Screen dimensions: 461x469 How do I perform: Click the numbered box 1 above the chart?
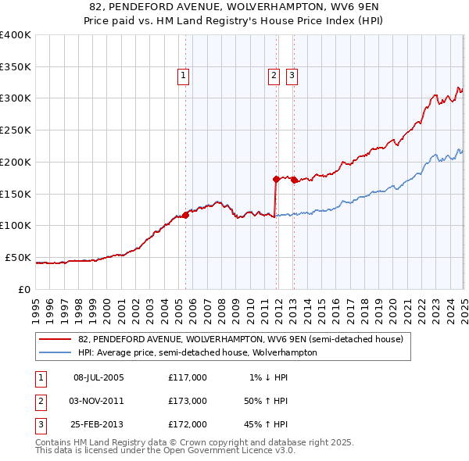click(x=183, y=76)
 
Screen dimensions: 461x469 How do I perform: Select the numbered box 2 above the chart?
click(x=274, y=76)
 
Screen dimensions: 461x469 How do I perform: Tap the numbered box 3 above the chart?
click(x=292, y=76)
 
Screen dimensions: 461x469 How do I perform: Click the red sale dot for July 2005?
click(x=186, y=214)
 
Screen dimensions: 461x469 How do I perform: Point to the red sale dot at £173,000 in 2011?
click(x=276, y=179)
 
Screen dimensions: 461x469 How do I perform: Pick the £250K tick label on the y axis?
click(x=16, y=130)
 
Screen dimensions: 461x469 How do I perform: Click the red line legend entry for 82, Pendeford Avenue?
click(x=241, y=340)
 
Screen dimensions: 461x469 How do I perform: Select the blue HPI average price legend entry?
click(x=197, y=352)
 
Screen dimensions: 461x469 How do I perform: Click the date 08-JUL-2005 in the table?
click(x=98, y=377)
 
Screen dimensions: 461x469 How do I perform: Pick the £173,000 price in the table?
click(x=187, y=401)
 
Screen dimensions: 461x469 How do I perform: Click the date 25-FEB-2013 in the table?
click(x=98, y=424)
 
